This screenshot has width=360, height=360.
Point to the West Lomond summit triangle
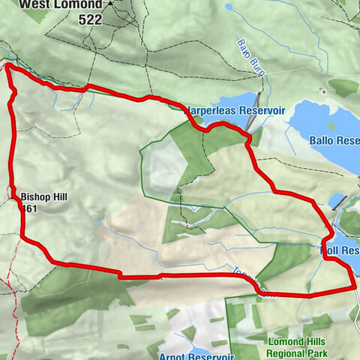[110, 3]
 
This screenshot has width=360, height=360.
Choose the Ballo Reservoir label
[334, 140]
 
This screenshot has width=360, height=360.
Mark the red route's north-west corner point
[8, 67]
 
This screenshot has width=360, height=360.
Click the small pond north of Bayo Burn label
[229, 8]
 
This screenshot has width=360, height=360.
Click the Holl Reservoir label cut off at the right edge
[341, 250]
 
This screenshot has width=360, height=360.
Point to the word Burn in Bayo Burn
[253, 59]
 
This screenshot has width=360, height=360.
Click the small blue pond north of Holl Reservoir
[337, 201]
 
